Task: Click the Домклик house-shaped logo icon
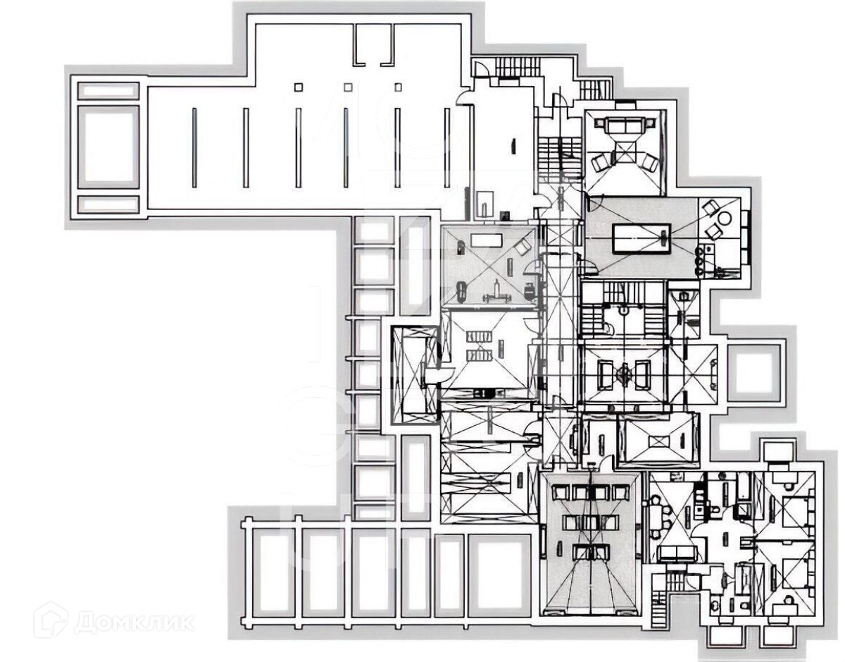(x=51, y=620)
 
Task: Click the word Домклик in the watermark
(x=134, y=623)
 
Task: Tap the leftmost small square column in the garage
(x=298, y=87)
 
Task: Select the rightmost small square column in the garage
(x=398, y=87)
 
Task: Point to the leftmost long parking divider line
(x=194, y=147)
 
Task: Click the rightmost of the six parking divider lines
(x=446, y=147)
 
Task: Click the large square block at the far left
(x=108, y=146)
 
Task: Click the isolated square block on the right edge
(x=755, y=372)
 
